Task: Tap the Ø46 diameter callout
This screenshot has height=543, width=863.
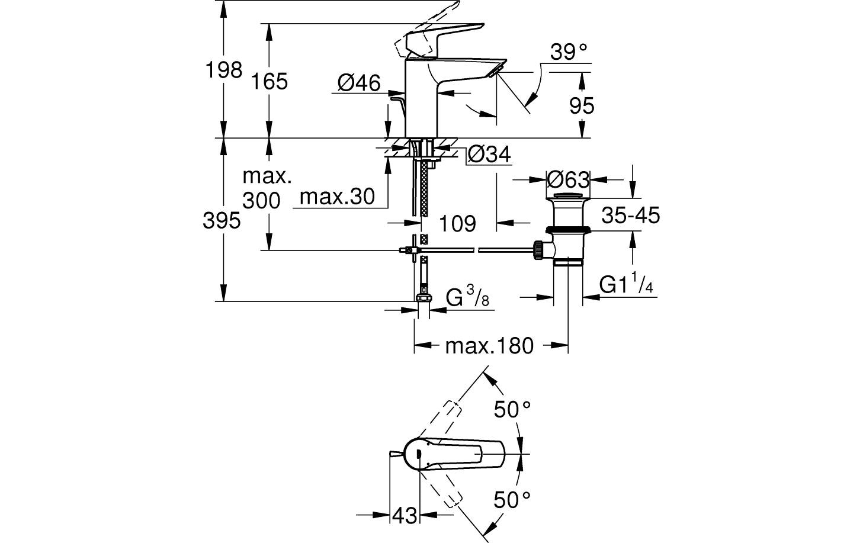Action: point(359,83)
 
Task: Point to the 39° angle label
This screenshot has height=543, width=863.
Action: point(568,53)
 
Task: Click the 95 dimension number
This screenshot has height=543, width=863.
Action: point(581,106)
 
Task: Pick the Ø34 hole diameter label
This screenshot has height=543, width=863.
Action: point(489,155)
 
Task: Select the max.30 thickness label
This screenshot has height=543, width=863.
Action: point(337,197)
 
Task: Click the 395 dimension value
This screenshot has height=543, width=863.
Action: point(222,221)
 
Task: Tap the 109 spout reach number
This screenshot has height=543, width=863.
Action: point(458,224)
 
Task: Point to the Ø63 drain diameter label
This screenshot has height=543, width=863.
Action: point(568,179)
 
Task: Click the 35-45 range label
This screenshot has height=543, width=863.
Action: point(630,216)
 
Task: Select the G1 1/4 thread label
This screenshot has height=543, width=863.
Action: point(626,286)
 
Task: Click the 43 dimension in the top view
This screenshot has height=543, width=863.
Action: point(405,516)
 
